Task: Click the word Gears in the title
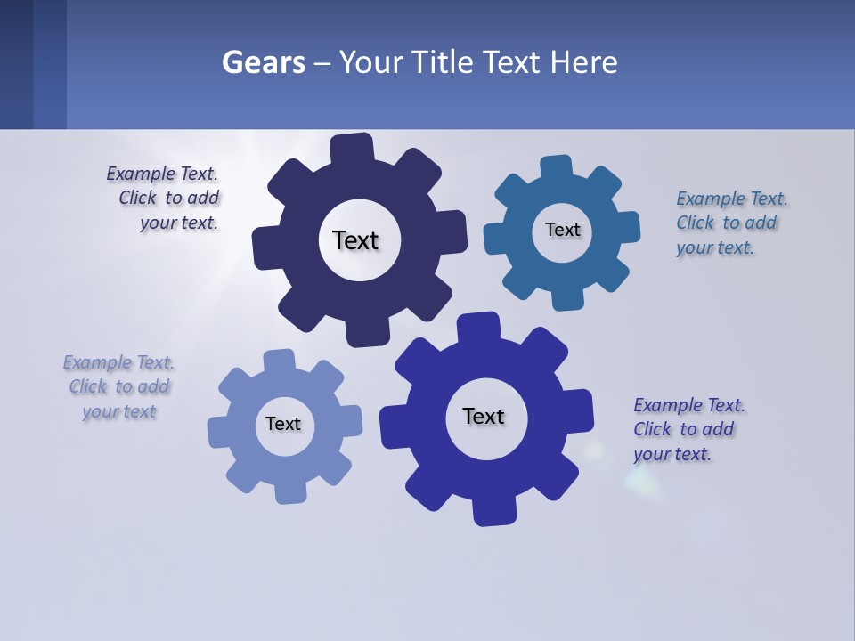tap(263, 62)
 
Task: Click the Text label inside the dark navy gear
tap(355, 240)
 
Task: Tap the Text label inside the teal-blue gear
tap(562, 230)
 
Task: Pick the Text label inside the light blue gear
tap(283, 424)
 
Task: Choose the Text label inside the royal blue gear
tap(484, 416)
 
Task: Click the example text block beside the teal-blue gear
tap(731, 223)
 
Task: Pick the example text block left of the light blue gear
tap(118, 386)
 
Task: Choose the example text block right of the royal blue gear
tap(688, 429)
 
